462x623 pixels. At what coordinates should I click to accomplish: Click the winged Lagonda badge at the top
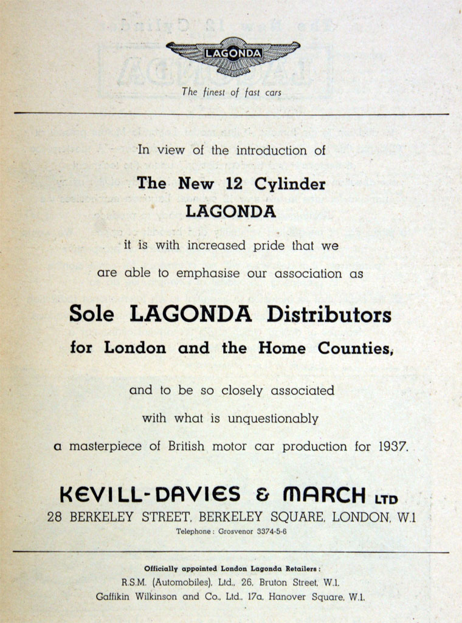(233, 57)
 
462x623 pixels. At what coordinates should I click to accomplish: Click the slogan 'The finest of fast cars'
(232, 92)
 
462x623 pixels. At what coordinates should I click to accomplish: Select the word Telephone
(195, 532)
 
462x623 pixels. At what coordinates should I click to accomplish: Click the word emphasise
(209, 274)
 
